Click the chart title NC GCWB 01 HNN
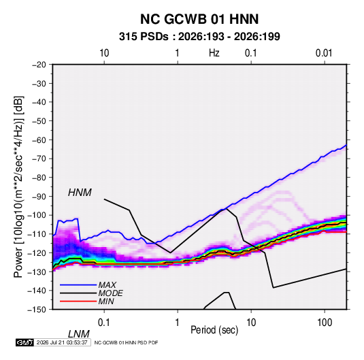199,19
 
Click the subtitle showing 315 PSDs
199,37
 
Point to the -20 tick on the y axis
39,65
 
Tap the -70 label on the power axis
39,159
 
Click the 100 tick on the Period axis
325,323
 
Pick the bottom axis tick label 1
178,323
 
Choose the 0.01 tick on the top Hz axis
324,53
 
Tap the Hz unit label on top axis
214,53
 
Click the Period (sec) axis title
214,330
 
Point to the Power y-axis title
18,187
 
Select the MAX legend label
107,285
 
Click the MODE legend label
110,293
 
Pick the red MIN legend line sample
78,301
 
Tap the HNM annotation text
80,193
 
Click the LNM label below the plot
78,334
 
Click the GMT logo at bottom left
24,342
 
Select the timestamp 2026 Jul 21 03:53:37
62,342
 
